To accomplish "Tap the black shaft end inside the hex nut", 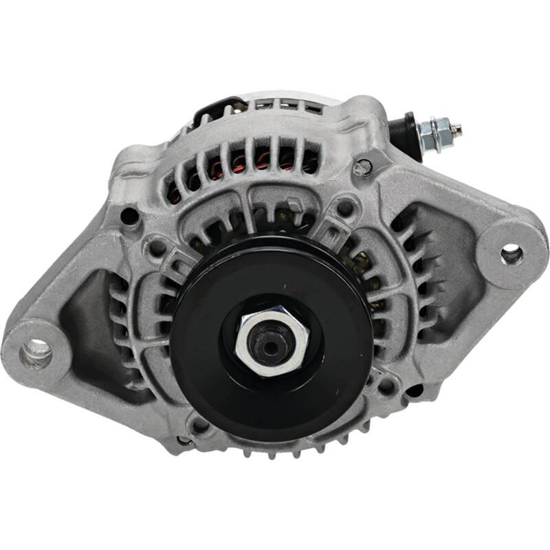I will [269, 346].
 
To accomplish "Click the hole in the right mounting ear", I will [511, 254].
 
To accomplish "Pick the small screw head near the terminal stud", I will [363, 166].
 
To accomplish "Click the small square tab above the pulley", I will [293, 204].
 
